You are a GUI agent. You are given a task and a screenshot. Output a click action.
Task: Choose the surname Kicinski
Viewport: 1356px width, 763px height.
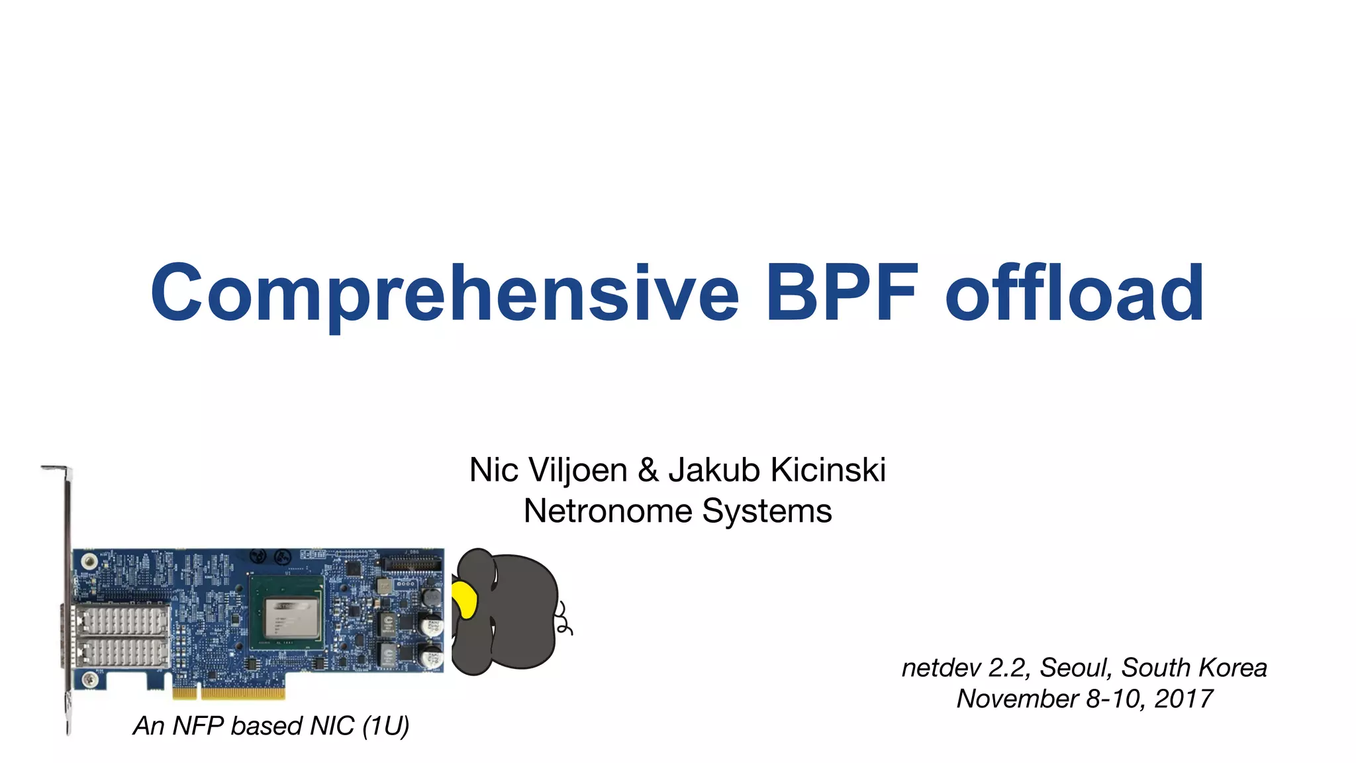(x=828, y=470)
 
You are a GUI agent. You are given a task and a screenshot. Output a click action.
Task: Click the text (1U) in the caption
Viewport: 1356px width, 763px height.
(x=385, y=726)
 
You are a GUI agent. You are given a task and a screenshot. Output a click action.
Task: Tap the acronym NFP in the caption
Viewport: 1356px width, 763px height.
(x=197, y=726)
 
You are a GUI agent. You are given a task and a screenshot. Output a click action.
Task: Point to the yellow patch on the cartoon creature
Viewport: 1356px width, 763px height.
(x=465, y=600)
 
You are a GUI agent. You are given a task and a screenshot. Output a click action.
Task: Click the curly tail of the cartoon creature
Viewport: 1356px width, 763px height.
(x=564, y=619)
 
